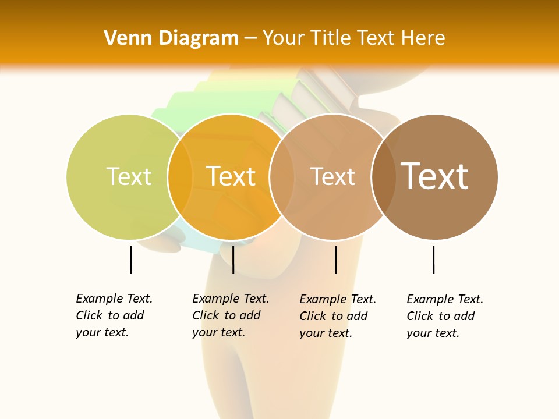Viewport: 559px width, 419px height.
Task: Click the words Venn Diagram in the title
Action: [x=171, y=38]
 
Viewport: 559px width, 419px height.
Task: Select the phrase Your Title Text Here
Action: [x=353, y=38]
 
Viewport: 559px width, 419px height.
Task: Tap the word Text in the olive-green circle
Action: [x=129, y=176]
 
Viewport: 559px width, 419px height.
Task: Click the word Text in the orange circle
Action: [x=231, y=176]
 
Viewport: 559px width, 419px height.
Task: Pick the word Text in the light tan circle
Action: [x=332, y=176]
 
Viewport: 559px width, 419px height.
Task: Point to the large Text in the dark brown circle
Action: [x=434, y=176]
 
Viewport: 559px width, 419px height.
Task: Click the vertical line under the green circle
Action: [x=130, y=260]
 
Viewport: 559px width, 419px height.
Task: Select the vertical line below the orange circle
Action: [x=233, y=260]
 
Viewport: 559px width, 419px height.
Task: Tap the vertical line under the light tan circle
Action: [x=335, y=260]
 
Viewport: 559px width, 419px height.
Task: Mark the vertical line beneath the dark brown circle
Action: [x=433, y=260]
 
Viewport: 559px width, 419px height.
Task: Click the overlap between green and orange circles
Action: [x=180, y=176]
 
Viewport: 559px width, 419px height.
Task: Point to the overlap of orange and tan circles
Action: [x=281, y=176]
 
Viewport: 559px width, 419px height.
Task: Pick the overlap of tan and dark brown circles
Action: [x=383, y=176]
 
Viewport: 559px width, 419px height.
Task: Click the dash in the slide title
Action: [x=250, y=38]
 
